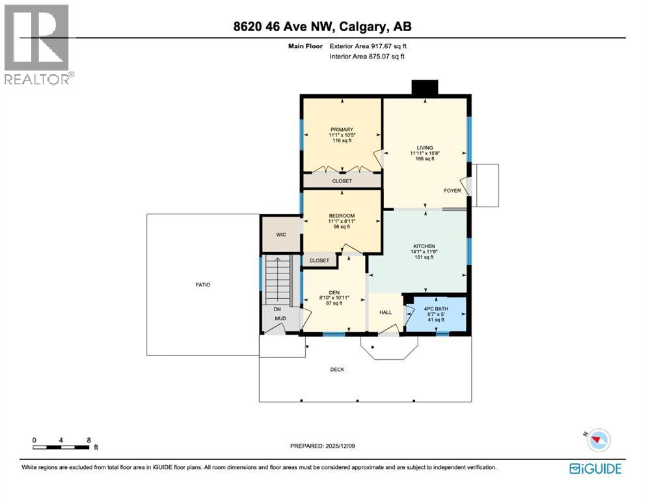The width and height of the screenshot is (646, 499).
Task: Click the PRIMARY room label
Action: pos(341,129)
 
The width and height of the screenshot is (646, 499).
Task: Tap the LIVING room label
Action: pos(425,147)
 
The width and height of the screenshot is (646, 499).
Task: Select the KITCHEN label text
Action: pos(424,246)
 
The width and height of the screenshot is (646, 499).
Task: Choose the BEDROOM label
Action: pos(341,216)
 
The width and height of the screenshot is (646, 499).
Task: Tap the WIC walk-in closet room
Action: pos(280,235)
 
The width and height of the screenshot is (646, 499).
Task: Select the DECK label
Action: pos(337,370)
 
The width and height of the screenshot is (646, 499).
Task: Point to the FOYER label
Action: pos(452,191)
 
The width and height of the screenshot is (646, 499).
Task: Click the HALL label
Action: pos(386,313)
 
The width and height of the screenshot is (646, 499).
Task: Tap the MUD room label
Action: pos(280,319)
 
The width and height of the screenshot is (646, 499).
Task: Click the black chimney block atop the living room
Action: pos(425,88)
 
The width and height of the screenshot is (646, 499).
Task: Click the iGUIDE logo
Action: pos(595,468)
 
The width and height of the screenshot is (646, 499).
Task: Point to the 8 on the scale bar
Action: pos(88,440)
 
